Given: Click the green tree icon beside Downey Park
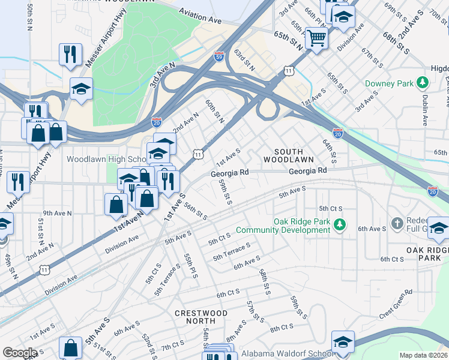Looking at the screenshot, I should (x=422, y=83).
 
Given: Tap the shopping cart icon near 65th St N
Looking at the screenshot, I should (x=316, y=38).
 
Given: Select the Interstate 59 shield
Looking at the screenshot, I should (x=219, y=57).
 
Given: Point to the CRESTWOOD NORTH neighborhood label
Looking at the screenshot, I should (x=201, y=317).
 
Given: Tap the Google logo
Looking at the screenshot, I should (x=20, y=352).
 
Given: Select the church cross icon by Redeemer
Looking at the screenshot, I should (x=397, y=224).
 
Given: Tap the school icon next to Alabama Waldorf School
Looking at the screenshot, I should (x=343, y=341).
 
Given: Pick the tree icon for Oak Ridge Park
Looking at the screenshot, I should (x=340, y=225).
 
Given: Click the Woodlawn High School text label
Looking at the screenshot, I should (x=106, y=160).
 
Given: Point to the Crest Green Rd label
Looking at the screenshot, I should (x=396, y=304).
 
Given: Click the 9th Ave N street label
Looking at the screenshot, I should (x=57, y=213).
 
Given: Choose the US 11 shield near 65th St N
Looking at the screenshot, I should (x=289, y=71).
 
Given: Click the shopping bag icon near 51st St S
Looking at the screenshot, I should (x=71, y=348).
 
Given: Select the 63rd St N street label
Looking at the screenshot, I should (x=245, y=60).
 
